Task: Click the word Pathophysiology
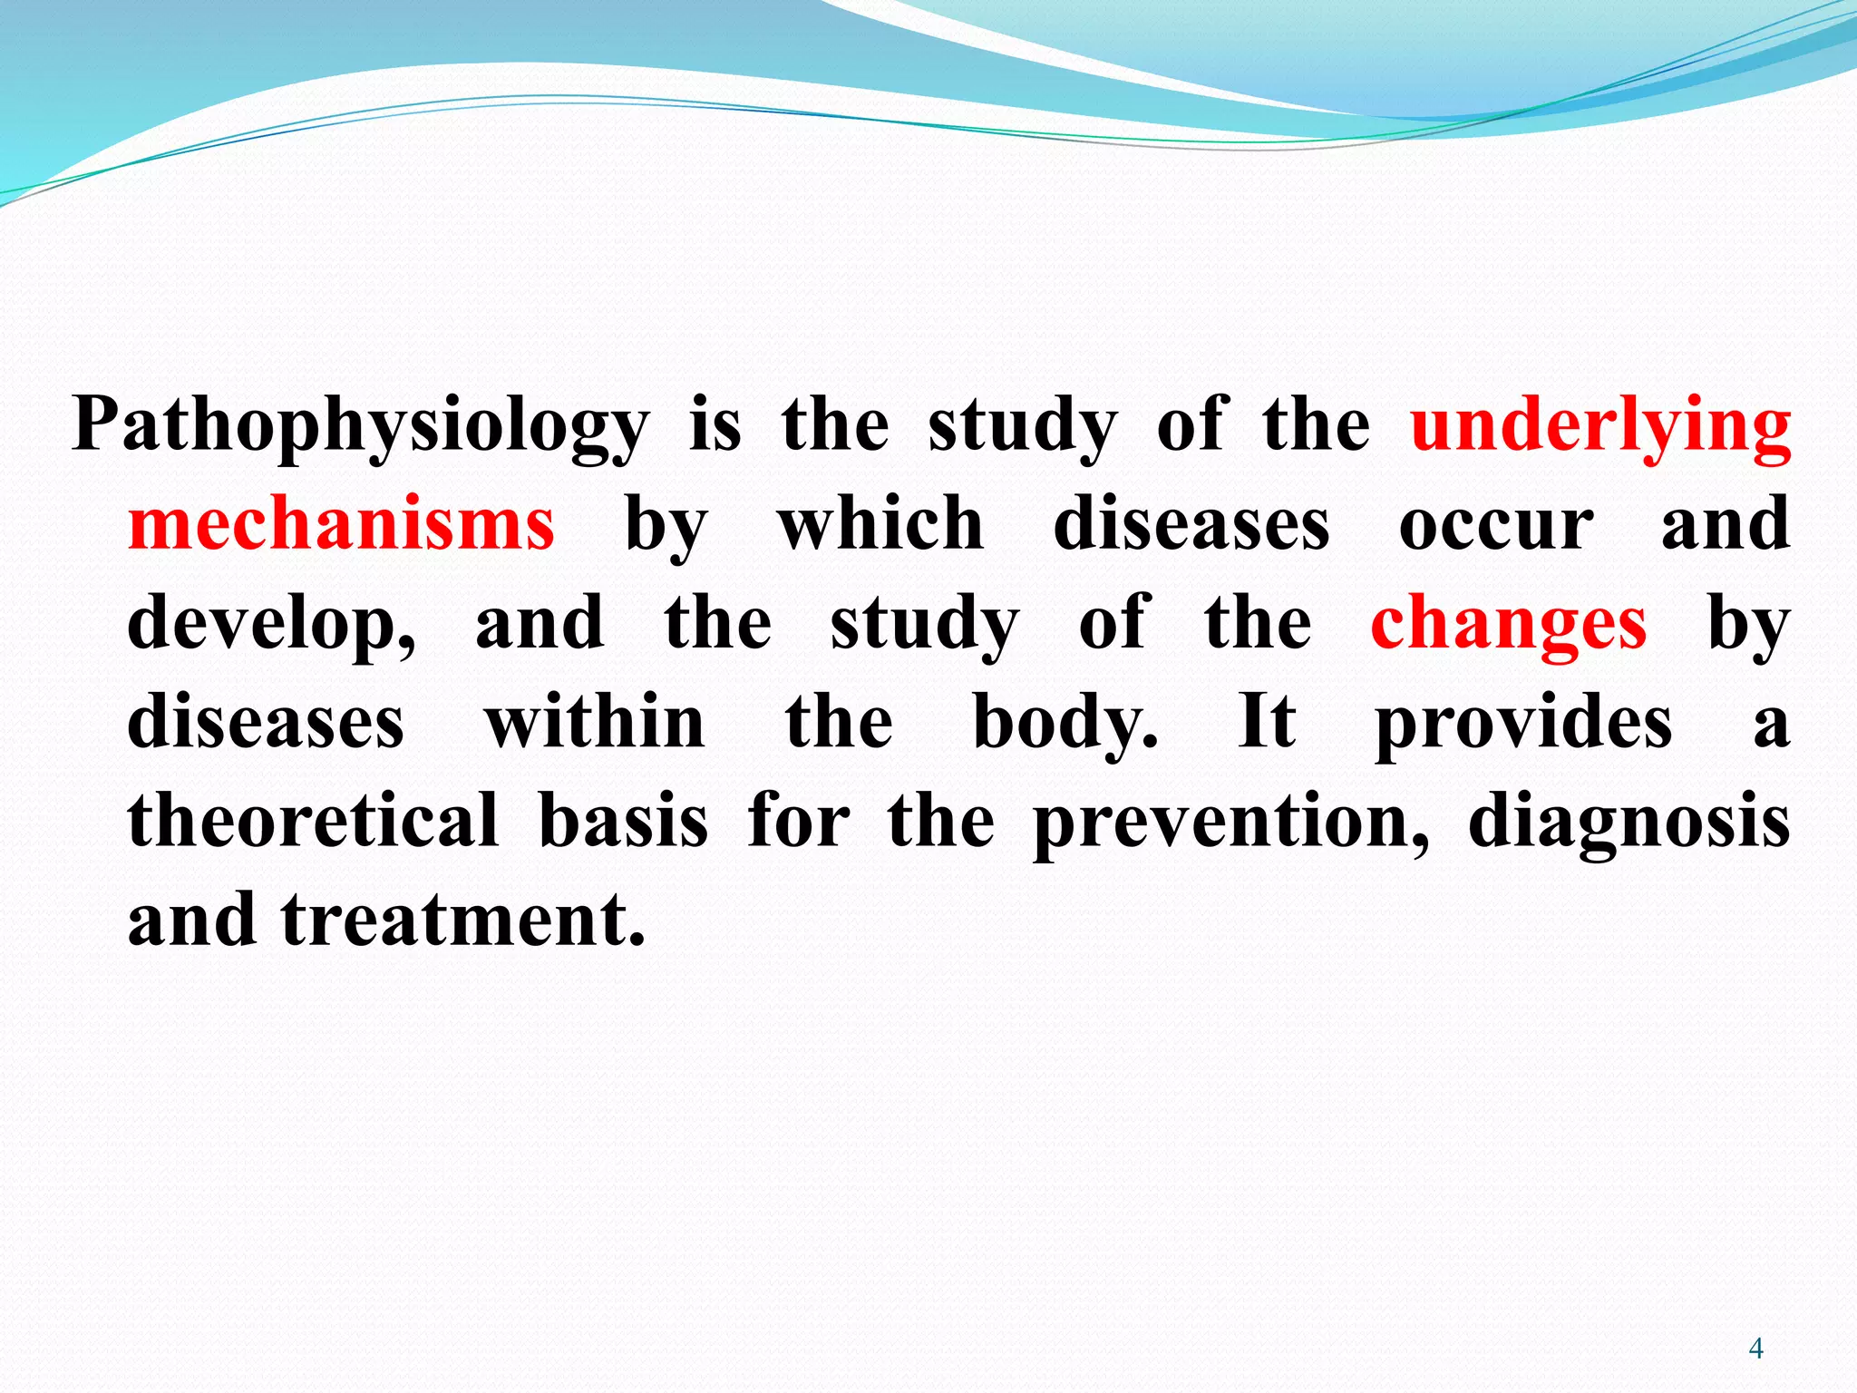click(x=361, y=426)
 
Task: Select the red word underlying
click(x=1600, y=426)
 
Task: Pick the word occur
click(x=1496, y=526)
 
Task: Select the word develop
click(x=270, y=626)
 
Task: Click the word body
click(x=1065, y=724)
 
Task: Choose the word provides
click(x=1523, y=724)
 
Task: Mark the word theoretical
click(x=313, y=820)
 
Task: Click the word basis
click(x=623, y=820)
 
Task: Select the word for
click(x=799, y=820)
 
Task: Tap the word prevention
click(x=1231, y=822)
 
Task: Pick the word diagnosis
click(x=1629, y=822)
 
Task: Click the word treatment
click(x=463, y=919)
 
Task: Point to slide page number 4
click(x=1755, y=1349)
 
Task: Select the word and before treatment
click(x=192, y=919)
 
